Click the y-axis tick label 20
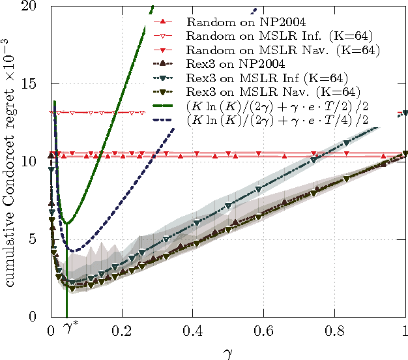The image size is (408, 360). (x=35, y=7)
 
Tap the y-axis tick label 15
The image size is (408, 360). (x=35, y=84)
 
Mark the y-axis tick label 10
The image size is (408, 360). (x=35, y=162)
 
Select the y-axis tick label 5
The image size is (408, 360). (x=38, y=239)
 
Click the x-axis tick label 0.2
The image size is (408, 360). (x=122, y=331)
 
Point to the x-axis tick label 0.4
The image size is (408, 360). (x=193, y=331)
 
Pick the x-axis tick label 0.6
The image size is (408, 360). (x=264, y=331)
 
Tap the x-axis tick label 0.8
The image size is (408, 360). (x=335, y=331)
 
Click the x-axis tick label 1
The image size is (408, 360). (x=405, y=331)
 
